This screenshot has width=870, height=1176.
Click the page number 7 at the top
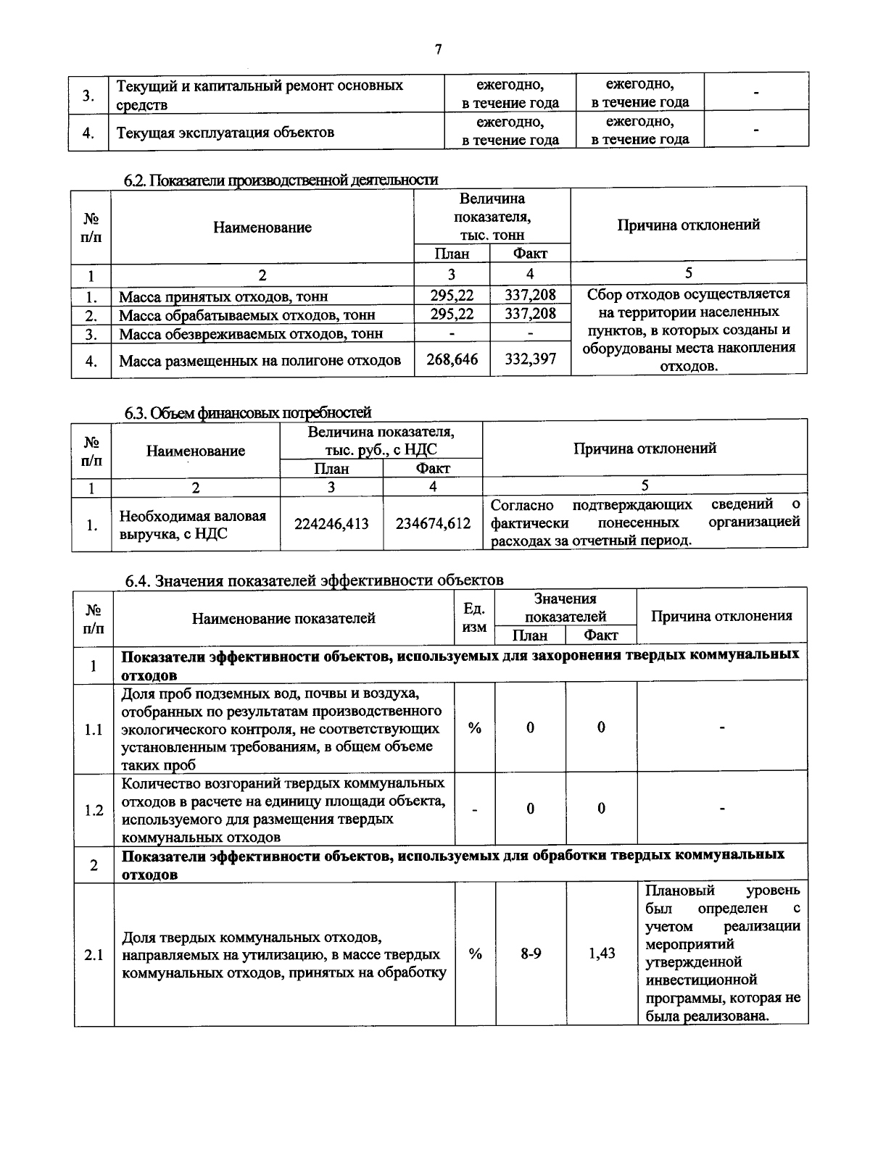click(437, 50)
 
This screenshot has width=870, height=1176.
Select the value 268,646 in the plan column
click(452, 359)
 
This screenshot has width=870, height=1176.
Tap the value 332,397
click(530, 359)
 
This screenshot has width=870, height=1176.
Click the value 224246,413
click(331, 524)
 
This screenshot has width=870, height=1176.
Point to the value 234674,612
click(433, 524)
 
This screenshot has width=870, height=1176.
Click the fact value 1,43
click(602, 954)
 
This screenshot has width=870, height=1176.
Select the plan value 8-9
click(531, 954)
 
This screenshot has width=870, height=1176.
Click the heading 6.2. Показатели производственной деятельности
click(281, 180)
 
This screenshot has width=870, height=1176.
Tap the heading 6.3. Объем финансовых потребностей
click(248, 412)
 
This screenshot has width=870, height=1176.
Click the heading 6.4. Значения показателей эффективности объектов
click(314, 580)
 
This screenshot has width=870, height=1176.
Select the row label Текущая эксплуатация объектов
click(225, 132)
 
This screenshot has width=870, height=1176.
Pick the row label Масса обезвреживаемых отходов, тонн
click(251, 334)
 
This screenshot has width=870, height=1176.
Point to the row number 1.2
click(94, 810)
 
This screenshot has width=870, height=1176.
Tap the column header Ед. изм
click(474, 618)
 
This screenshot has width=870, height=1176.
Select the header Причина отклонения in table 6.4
click(721, 616)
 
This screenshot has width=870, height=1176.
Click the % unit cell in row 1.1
click(475, 728)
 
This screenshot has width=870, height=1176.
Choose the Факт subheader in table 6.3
click(433, 468)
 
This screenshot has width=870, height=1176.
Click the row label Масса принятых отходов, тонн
click(223, 296)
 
